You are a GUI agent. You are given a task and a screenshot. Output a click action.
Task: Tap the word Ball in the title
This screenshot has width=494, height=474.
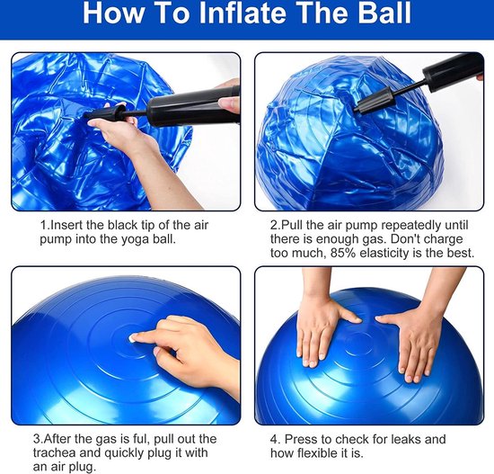pos(384,13)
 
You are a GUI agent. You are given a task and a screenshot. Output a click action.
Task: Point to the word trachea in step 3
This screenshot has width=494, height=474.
pos(54,452)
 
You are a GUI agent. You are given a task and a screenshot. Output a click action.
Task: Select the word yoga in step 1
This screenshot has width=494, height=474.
pos(136,239)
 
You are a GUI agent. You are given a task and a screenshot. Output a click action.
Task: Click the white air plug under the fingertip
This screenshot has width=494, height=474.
pos(131,338)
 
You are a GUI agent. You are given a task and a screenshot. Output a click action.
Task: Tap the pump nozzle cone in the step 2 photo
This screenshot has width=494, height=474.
pos(374,101)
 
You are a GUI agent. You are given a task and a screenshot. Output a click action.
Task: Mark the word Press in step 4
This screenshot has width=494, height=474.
pos(300,439)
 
